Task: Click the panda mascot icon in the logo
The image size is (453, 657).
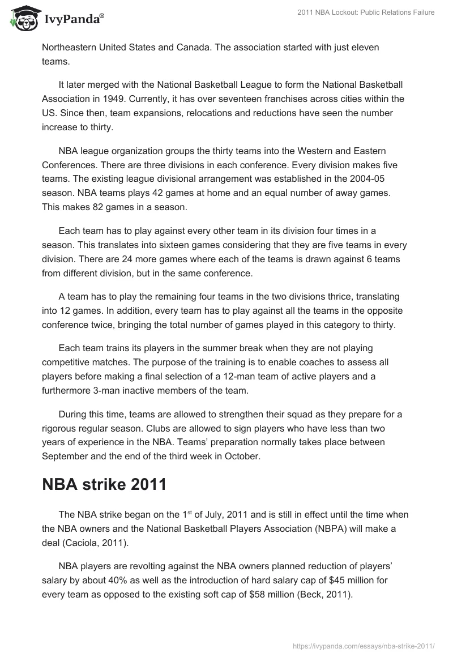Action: tap(23, 17)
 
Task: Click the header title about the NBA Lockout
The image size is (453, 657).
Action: tap(366, 12)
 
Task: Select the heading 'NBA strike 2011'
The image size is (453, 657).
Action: tap(104, 485)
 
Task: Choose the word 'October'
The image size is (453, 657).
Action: tap(244, 457)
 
